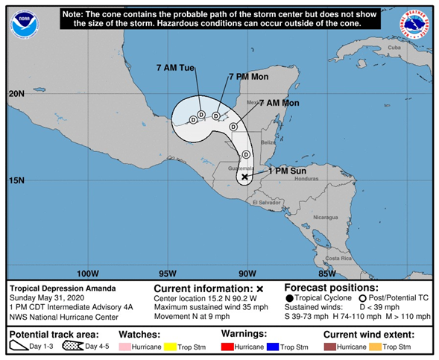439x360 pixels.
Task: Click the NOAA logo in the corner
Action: pos(24,24)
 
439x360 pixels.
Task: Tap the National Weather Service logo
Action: pos(414,24)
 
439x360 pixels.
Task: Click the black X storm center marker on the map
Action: pos(244,177)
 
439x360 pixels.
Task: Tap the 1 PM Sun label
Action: pos(287,169)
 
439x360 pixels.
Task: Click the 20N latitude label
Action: pos(17,94)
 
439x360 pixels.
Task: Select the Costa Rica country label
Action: pos(337,258)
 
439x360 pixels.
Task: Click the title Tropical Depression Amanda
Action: pos(63,288)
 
